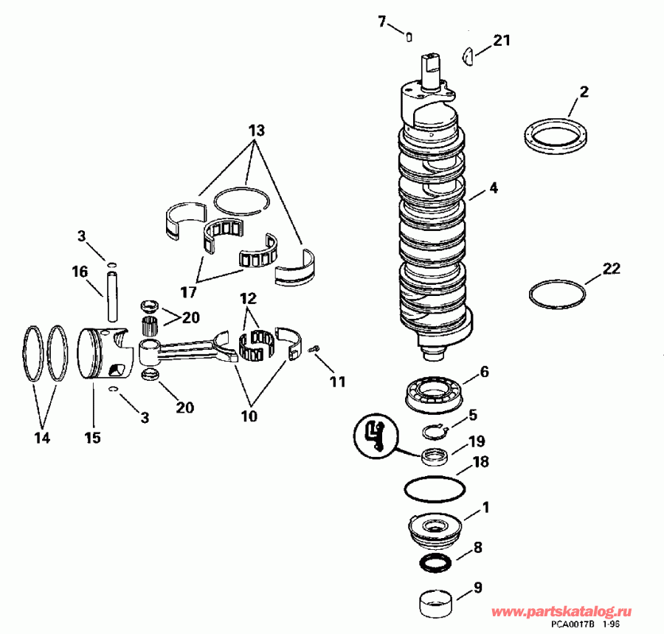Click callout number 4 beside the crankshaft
tap(493, 188)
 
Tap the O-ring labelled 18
tap(435, 489)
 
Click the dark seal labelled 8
tap(435, 562)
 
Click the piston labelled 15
tap(103, 354)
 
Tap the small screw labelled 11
tap(316, 348)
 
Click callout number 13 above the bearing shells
tap(256, 131)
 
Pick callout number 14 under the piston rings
tap(41, 438)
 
